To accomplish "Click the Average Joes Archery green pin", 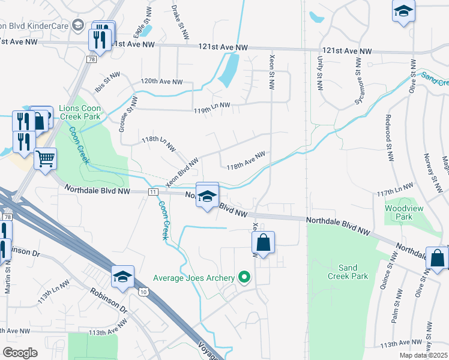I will [x=244, y=277].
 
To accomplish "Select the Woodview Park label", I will [x=400, y=212].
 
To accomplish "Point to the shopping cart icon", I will [x=45, y=159].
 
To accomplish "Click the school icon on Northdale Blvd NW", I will [x=207, y=196].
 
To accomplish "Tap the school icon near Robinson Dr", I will [x=122, y=277].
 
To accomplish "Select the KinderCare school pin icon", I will [x=77, y=25].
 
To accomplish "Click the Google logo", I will [x=20, y=353].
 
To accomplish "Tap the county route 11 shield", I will [x=154, y=191].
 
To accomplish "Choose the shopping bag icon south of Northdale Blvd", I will [x=263, y=243].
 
